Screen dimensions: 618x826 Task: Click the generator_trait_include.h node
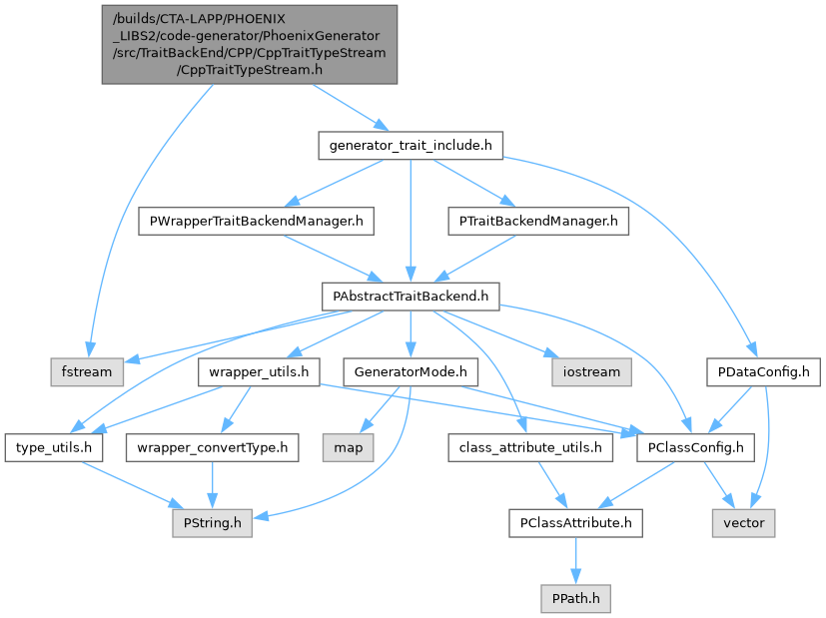click(410, 146)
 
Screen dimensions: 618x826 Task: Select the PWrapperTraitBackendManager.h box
click(255, 221)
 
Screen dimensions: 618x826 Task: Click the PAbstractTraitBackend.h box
click(410, 296)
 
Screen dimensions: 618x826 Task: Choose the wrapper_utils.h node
click(259, 371)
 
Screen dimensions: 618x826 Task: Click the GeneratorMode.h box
click(410, 371)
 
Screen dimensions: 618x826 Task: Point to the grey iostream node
click(589, 371)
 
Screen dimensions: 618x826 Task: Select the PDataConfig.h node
click(763, 371)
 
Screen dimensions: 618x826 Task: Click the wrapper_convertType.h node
click(211, 447)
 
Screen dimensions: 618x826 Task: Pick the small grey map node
click(349, 447)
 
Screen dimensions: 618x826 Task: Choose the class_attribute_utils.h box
click(530, 447)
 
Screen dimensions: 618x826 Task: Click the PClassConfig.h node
click(695, 447)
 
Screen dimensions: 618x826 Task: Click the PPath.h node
click(574, 598)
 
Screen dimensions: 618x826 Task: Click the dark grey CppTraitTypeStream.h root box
click(249, 44)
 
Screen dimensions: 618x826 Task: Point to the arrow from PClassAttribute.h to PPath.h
click(574, 560)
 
